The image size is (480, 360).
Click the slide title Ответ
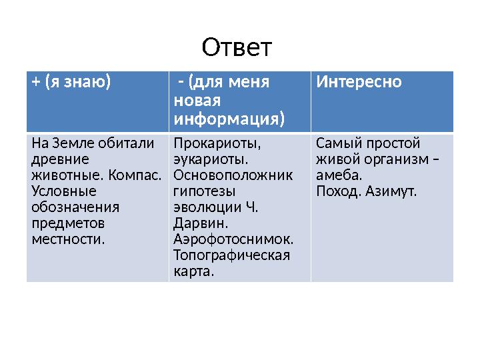tap(237, 47)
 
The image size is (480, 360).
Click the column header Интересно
tap(359, 82)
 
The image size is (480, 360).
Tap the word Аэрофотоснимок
tap(233, 240)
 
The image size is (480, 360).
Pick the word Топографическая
tap(231, 256)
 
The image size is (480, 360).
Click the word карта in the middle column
tap(192, 272)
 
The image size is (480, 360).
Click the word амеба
tap(339, 176)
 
